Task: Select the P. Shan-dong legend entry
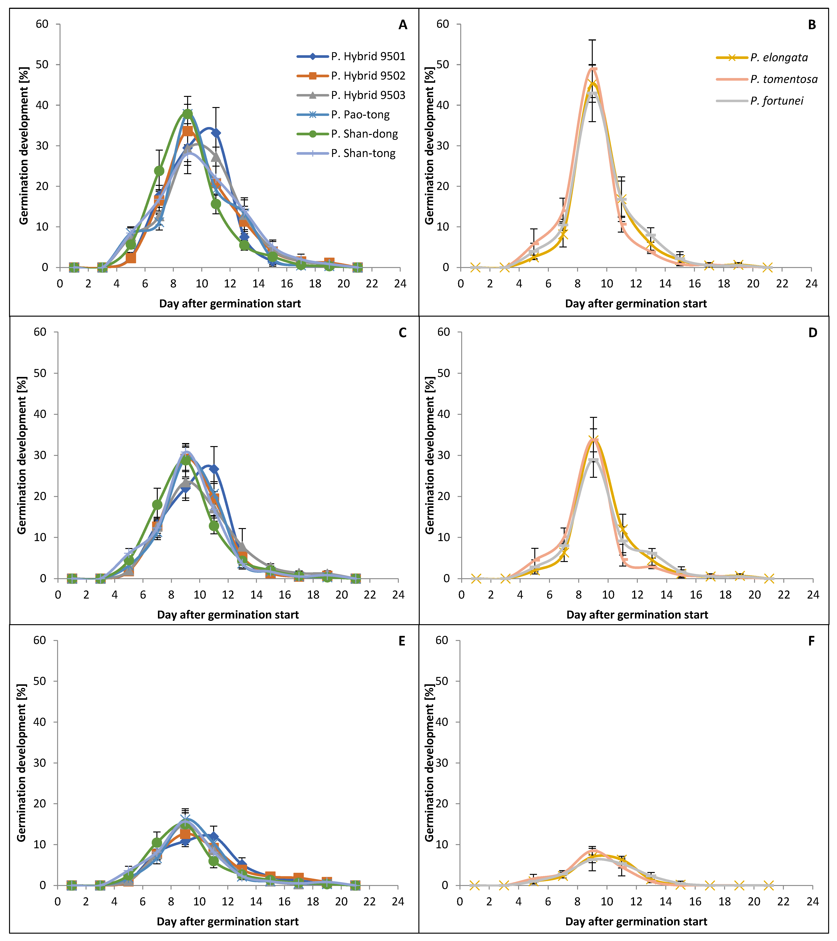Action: coord(348,134)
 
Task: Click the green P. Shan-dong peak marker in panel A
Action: coord(187,114)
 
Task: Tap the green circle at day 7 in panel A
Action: coord(159,171)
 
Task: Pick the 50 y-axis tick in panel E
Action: coord(40,681)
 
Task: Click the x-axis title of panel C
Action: coord(228,615)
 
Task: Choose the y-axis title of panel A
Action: coord(24,146)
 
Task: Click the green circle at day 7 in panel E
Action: coord(157,842)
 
